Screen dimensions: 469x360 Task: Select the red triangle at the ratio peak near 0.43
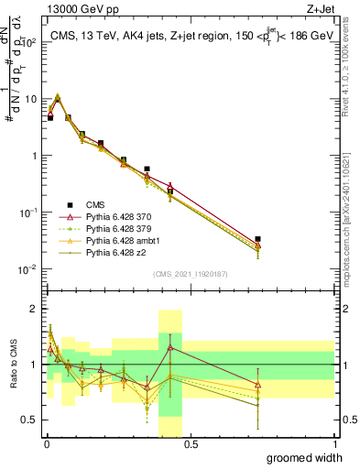point(170,347)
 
